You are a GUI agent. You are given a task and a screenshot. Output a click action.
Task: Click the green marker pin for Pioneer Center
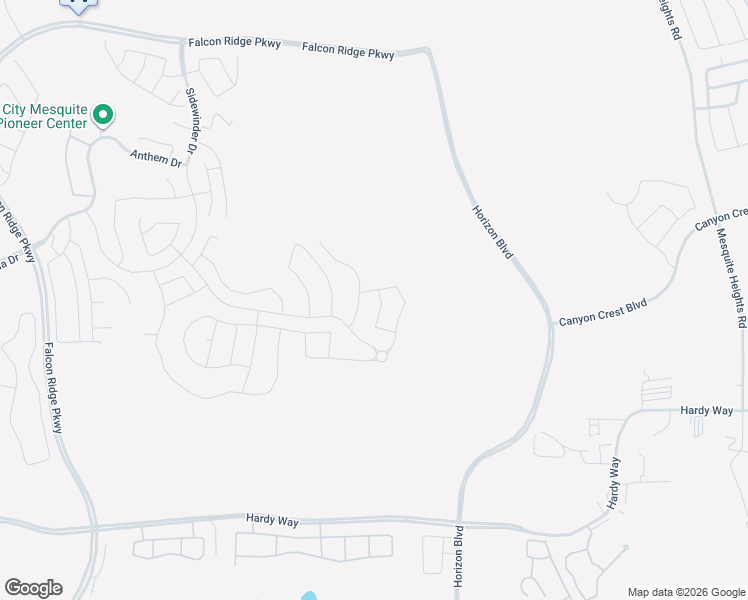point(102,115)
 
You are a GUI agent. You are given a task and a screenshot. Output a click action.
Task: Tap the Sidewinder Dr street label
point(193,120)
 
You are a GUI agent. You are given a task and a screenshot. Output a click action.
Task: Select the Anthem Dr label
point(156,157)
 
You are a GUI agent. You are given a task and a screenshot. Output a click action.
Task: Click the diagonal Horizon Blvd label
point(492,232)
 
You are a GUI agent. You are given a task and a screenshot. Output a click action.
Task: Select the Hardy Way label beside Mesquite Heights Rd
point(706,411)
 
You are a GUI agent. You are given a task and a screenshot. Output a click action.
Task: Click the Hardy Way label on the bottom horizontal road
point(272,518)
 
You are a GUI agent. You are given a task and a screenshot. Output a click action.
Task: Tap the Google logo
point(33,588)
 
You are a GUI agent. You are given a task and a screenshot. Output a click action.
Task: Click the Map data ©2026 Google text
point(685,592)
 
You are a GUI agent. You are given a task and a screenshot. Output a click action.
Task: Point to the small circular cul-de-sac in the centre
point(381,356)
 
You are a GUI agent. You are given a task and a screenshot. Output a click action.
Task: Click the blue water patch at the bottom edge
point(309,596)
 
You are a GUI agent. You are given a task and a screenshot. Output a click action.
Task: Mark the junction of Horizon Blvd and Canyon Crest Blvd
point(550,323)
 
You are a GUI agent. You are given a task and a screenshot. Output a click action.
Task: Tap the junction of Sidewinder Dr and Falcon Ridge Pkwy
point(181,43)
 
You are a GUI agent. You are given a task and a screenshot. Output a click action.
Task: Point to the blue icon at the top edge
point(80,4)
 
